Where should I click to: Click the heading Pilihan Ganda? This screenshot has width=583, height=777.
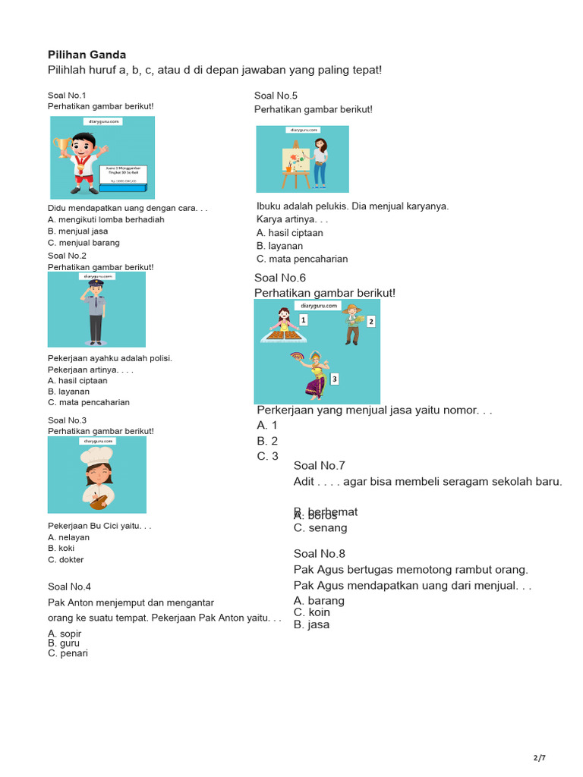87,55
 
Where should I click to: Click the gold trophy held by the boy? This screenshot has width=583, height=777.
61,146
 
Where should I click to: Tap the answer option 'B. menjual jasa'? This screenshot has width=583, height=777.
77,231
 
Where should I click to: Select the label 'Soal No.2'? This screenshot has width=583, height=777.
67,256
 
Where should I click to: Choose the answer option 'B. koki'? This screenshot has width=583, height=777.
61,548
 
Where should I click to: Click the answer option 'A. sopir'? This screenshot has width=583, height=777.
65,634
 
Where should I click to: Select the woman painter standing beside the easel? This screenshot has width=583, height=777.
320,162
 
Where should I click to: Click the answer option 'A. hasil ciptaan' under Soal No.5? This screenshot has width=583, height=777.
289,233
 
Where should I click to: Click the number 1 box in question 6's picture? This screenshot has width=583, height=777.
303,320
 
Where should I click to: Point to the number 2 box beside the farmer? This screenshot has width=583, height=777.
370,322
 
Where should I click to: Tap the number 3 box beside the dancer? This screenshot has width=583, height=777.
334,379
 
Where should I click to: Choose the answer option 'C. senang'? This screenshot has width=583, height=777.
320,527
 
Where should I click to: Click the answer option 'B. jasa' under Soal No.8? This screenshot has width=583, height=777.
311,624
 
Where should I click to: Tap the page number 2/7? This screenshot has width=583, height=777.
539,757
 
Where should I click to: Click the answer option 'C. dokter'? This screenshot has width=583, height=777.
66,560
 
